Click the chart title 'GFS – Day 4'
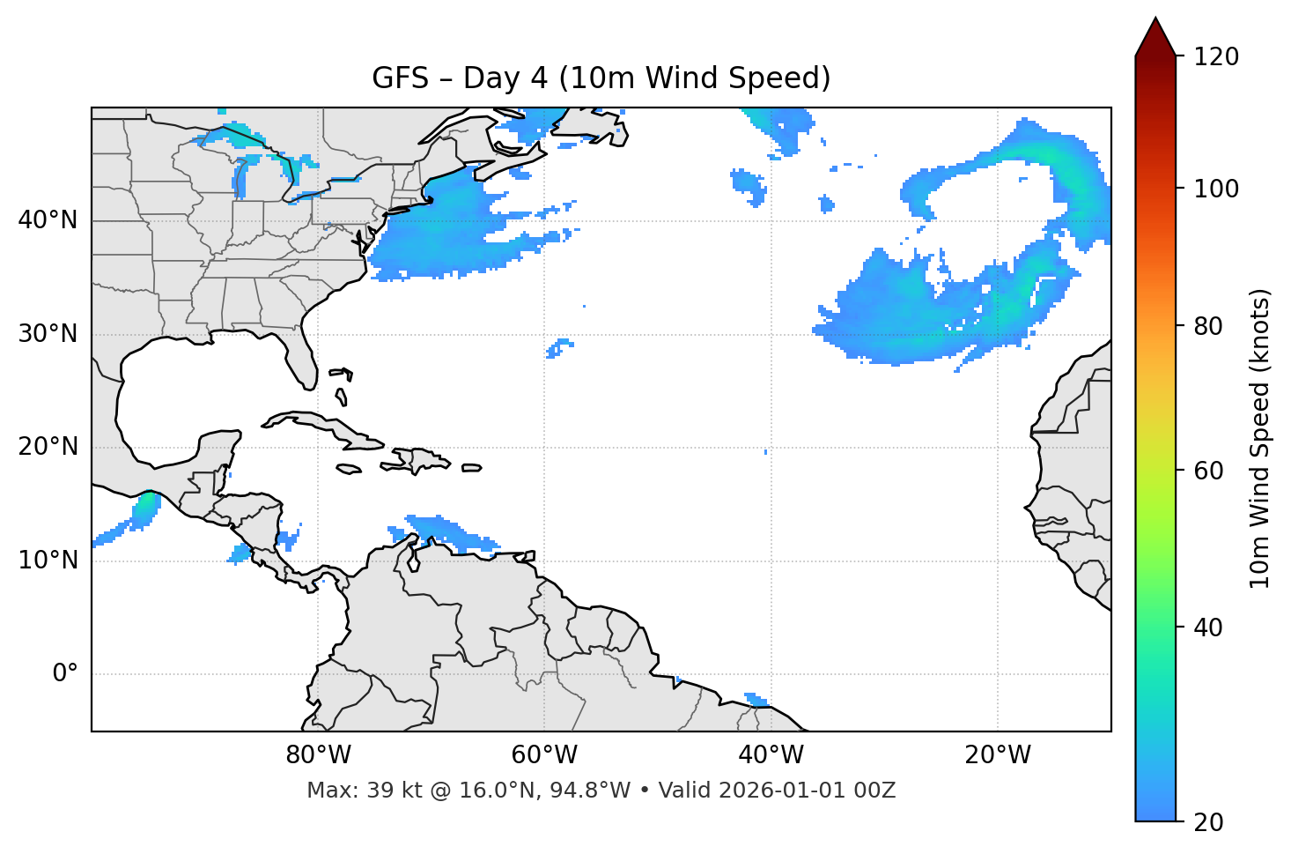[601, 78]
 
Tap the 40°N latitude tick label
[48, 220]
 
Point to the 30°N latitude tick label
[48, 334]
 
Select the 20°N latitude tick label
[48, 447]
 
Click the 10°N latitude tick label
[48, 561]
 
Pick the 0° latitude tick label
[65, 674]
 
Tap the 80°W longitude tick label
[318, 755]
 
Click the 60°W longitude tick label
[544, 755]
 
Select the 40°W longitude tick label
[771, 755]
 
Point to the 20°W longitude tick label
[998, 755]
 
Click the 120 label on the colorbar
[1216, 57]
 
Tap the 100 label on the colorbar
[1216, 189]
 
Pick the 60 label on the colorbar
[1210, 471]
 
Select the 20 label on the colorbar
[1210, 822]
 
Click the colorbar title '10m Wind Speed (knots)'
[1260, 438]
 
